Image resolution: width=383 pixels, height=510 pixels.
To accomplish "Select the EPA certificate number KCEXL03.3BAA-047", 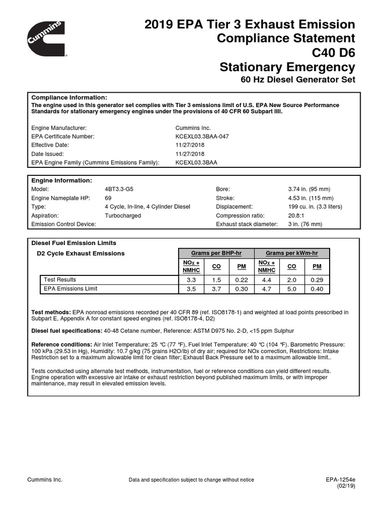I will (202, 136).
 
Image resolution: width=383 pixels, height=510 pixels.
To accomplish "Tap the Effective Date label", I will (50, 145).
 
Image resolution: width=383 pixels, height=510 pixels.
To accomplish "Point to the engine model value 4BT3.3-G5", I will (120, 189).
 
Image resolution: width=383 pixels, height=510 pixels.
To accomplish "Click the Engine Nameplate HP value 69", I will (108, 198).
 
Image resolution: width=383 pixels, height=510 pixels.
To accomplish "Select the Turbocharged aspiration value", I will (123, 216).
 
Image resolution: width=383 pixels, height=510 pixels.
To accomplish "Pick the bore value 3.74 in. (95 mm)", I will (309, 189).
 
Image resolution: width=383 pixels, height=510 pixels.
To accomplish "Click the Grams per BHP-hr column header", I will (216, 253).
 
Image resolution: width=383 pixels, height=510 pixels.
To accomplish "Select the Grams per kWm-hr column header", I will (292, 253).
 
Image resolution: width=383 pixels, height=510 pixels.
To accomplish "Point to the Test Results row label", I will (60, 280).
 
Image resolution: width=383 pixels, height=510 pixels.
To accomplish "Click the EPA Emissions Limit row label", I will (70, 289).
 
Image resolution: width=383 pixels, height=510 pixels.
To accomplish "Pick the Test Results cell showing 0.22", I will (241, 280).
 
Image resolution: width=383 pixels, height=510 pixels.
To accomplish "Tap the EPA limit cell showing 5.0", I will (292, 289).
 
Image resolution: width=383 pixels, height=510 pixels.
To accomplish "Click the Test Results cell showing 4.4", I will (267, 280).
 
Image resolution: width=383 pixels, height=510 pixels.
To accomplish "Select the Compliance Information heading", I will (69, 97).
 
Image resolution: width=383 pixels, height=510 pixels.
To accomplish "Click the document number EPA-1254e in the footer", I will (340, 479).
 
